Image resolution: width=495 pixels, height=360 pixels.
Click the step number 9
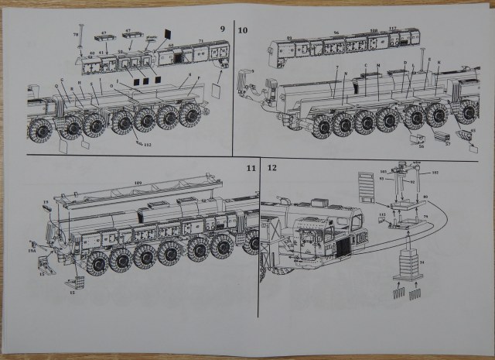point(223,29)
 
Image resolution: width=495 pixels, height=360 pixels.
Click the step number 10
point(244,30)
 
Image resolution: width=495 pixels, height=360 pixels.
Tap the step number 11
point(250,167)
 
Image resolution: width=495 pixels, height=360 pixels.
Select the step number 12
point(271,167)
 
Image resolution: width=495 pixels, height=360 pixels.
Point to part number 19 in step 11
point(46,203)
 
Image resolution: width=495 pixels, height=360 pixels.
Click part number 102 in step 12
point(435,171)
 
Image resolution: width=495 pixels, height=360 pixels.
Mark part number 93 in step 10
point(289,37)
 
